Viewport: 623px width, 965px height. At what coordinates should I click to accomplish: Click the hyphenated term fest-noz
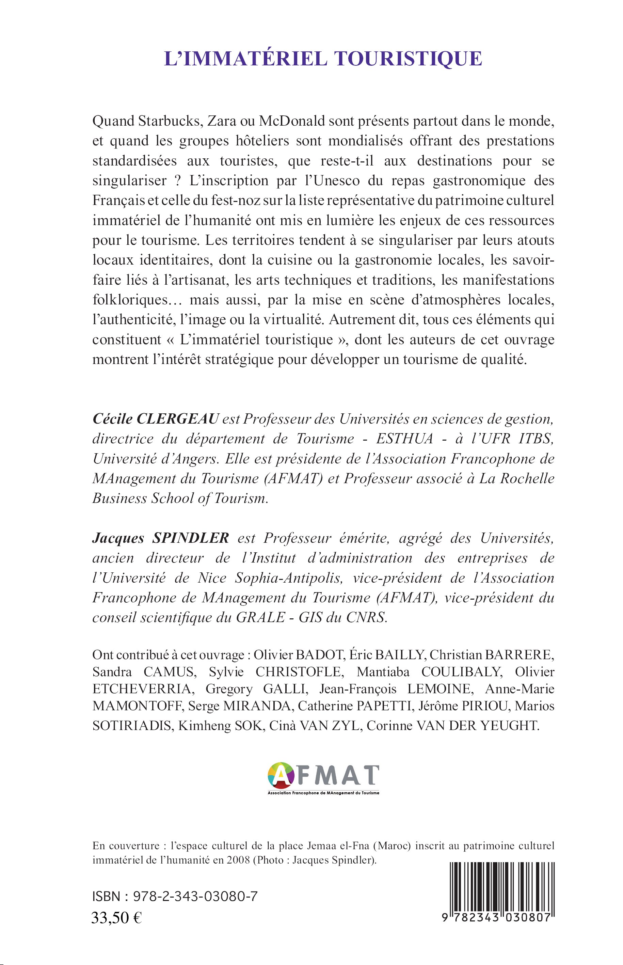click(x=224, y=201)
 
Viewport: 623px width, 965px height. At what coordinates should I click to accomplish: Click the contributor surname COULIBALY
click(x=461, y=672)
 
